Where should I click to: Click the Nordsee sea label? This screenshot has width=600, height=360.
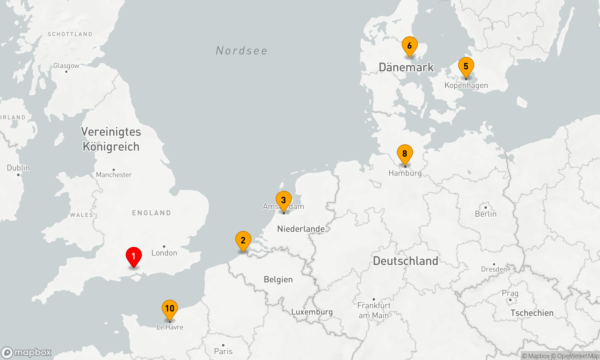(x=241, y=51)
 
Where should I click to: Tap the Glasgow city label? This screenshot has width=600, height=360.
(x=66, y=66)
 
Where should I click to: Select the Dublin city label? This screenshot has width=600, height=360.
(x=18, y=168)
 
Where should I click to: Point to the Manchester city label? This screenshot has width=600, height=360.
(x=114, y=175)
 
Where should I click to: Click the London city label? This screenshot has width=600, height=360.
(x=164, y=253)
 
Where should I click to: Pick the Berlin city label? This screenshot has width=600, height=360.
(x=486, y=214)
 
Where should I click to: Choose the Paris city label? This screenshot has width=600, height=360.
(x=223, y=351)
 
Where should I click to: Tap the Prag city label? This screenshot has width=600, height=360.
(x=510, y=293)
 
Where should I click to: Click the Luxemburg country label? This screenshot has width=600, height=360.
(x=312, y=312)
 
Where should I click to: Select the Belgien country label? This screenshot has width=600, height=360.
(x=278, y=280)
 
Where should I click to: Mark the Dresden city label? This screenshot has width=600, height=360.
(x=494, y=269)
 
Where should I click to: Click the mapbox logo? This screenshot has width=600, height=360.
(x=26, y=352)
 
